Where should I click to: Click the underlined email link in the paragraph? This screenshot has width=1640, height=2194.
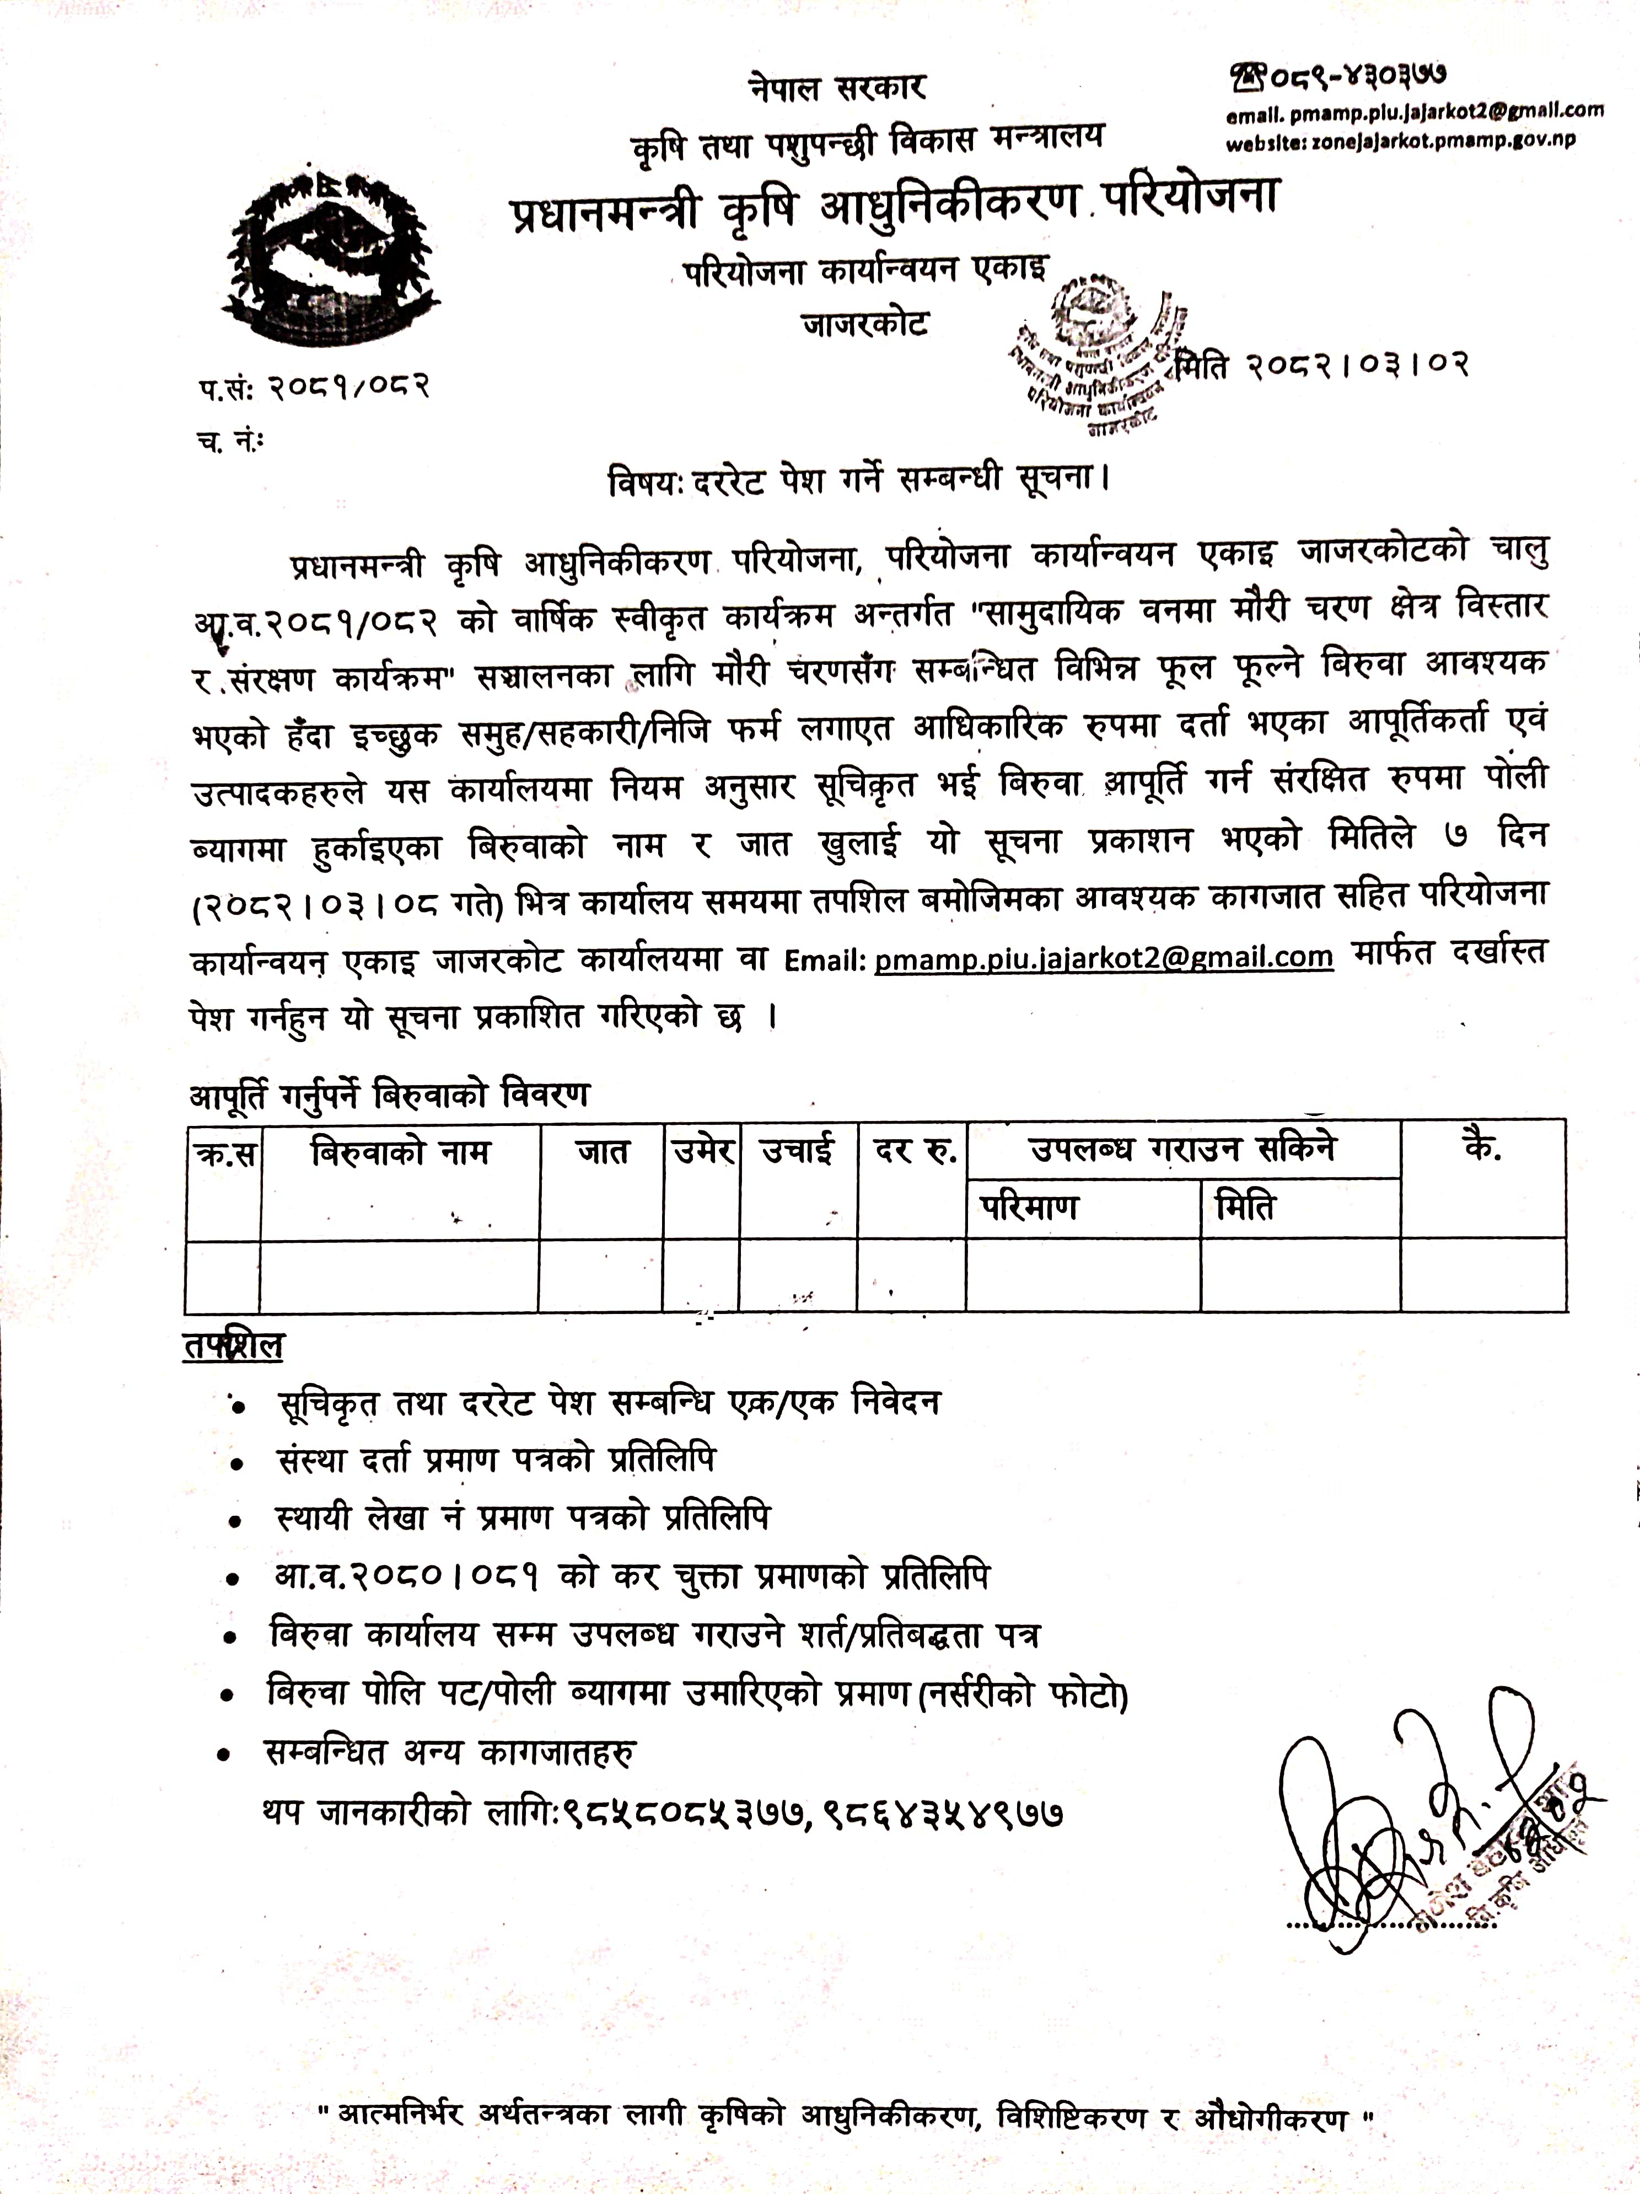pos(1104,957)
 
